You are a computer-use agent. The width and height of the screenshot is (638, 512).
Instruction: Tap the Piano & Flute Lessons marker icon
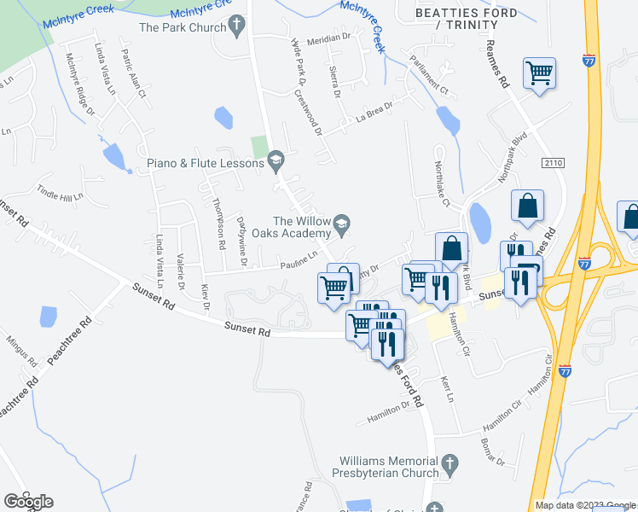(x=275, y=159)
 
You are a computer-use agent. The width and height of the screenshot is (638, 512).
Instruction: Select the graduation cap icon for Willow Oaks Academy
(x=342, y=224)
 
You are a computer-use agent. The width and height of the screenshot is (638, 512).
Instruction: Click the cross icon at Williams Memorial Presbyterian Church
(x=450, y=466)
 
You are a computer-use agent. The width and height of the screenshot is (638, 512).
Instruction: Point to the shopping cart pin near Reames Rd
(x=540, y=73)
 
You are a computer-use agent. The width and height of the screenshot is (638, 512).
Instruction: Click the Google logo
(x=28, y=501)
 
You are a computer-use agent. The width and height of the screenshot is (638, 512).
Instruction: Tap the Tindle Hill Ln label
(x=58, y=193)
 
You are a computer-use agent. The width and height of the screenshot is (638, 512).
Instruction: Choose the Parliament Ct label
(x=429, y=74)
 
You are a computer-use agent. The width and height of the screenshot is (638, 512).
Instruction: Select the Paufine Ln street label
(x=299, y=259)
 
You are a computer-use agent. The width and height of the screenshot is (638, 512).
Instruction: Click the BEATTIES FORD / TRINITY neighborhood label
(x=465, y=19)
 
